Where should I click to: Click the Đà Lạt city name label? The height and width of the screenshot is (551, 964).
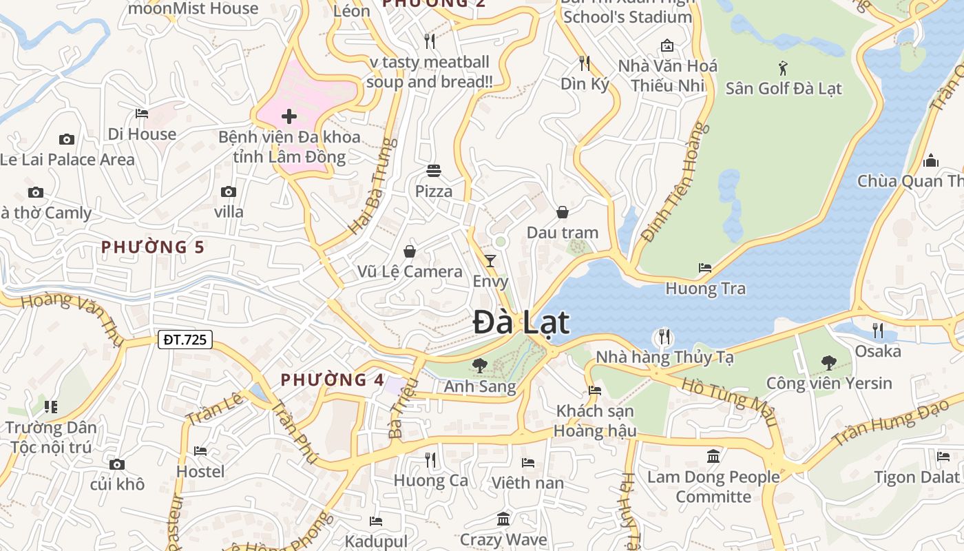coord(522,322)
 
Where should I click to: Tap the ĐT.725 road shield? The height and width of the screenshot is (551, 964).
coord(185,339)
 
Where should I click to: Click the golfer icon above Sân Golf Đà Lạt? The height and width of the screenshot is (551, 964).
coord(783,68)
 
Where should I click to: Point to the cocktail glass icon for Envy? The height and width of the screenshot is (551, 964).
coord(490,260)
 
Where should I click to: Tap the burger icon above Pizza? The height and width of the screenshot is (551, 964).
coord(434,170)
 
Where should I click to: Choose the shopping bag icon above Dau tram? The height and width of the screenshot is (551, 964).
coord(563,211)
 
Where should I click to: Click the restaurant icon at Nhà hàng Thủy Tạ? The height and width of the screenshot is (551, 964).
coord(664,337)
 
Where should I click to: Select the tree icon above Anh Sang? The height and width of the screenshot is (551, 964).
coord(479,365)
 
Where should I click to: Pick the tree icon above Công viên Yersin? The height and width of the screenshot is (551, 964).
coord(829,362)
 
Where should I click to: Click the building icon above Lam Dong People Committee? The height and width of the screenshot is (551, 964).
coord(713,456)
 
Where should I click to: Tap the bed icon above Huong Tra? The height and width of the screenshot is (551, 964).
coord(705,267)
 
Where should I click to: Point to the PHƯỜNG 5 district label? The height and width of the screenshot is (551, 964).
coord(153,247)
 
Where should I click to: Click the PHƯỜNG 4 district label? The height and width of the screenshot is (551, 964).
coord(333,380)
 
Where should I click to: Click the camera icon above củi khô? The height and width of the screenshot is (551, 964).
coord(117,464)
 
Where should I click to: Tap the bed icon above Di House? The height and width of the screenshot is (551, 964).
coord(142,113)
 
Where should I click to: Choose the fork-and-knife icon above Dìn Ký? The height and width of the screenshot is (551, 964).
coord(585,63)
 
